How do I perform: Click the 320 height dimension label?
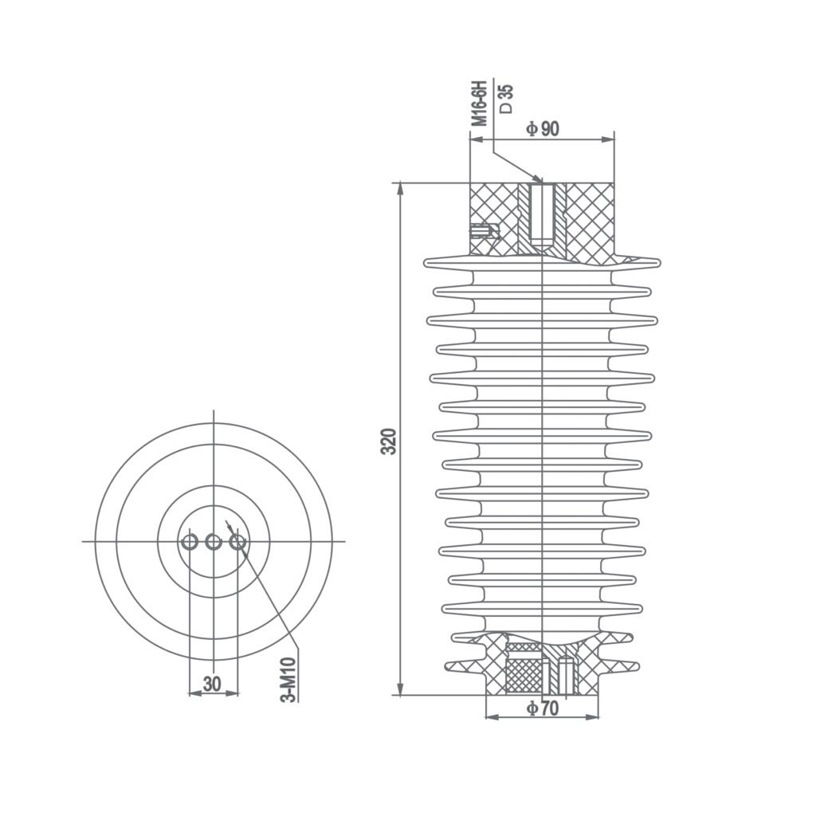[388, 441]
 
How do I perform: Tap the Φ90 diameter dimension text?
[543, 129]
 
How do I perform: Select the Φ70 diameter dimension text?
[543, 708]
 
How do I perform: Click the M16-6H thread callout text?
[478, 103]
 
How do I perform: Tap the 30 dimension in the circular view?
[212, 684]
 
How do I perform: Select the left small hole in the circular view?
[190, 542]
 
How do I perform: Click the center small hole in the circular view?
[214, 542]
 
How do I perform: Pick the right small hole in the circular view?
[237, 542]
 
